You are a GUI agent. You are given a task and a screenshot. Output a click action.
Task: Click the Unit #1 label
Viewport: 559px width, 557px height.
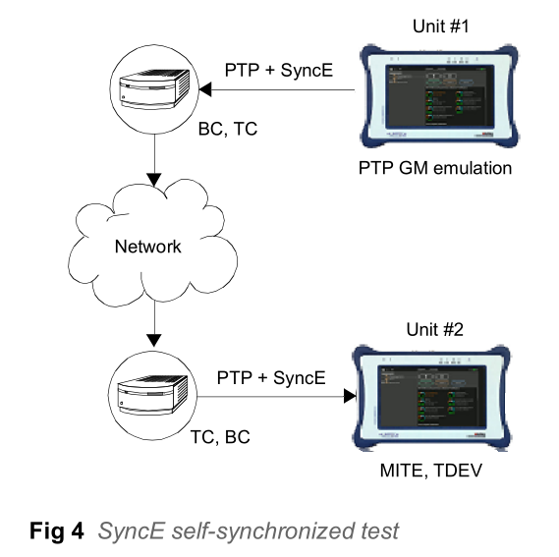[441, 27]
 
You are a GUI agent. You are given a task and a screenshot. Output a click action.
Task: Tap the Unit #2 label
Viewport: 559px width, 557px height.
[435, 329]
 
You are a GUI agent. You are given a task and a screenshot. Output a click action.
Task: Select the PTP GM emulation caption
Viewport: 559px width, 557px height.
[435, 168]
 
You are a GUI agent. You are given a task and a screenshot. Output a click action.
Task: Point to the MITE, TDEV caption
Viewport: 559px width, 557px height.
[431, 471]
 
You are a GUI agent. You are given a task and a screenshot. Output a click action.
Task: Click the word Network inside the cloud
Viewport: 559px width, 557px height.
[148, 247]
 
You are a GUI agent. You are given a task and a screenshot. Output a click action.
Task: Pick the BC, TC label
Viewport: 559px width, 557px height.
[228, 129]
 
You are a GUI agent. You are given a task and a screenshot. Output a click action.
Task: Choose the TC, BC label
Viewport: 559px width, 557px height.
[220, 437]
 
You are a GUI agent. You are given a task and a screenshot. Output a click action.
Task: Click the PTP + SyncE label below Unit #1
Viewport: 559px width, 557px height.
[279, 70]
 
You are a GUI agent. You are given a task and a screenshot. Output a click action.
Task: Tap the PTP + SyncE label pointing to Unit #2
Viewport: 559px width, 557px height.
[271, 377]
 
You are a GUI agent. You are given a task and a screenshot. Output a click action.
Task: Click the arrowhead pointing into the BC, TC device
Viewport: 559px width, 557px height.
[205, 89]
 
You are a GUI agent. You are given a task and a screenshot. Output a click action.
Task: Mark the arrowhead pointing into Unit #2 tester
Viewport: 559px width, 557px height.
[350, 396]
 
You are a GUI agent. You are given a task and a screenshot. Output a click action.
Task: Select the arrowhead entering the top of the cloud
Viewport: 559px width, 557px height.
[154, 180]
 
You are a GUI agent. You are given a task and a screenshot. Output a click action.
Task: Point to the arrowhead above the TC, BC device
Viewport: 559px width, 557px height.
[154, 341]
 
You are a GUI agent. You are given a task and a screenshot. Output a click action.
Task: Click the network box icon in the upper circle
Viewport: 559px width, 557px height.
[154, 88]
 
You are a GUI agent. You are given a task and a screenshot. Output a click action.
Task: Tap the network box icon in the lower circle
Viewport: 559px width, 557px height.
[152, 395]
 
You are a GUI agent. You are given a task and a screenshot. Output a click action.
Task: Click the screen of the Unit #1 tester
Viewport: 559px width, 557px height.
[439, 96]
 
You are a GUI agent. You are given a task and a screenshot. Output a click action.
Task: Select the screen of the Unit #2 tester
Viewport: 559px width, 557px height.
[432, 397]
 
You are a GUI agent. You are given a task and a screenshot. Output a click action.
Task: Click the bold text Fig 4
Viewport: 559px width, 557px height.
[57, 530]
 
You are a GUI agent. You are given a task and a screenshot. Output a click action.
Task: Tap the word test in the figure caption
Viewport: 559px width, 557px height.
[380, 531]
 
